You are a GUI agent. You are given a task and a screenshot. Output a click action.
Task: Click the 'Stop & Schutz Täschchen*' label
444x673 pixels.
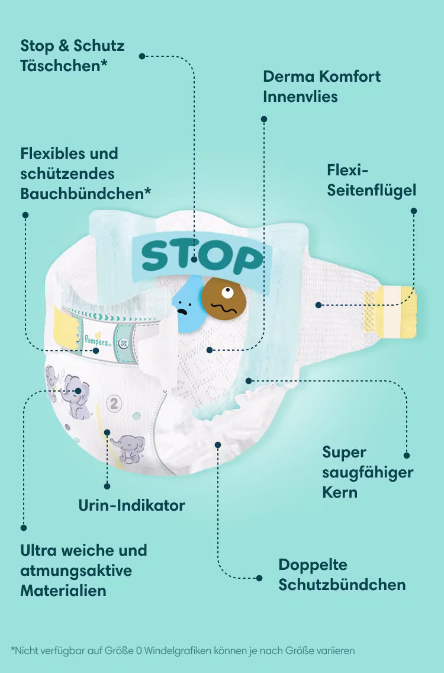click(72, 55)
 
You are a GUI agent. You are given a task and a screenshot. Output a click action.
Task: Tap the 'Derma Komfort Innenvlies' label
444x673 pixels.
click(321, 86)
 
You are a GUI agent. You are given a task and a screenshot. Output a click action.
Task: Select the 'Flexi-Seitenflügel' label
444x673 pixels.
click(371, 180)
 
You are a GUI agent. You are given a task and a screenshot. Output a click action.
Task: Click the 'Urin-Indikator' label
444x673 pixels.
click(131, 505)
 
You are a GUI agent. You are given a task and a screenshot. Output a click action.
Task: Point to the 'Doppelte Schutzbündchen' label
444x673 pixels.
click(342, 574)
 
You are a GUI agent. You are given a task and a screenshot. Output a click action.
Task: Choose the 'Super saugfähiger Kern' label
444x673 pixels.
click(368, 472)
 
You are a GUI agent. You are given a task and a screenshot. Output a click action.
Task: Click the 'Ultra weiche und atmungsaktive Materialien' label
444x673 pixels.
click(83, 570)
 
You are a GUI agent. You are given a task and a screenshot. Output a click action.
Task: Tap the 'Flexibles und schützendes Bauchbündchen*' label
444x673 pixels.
click(85, 173)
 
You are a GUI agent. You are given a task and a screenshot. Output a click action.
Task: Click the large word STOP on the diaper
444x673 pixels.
click(202, 257)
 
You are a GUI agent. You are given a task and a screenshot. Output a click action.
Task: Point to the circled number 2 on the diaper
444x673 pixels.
click(112, 403)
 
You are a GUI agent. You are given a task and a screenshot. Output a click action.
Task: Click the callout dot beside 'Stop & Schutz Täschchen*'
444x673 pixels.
click(142, 56)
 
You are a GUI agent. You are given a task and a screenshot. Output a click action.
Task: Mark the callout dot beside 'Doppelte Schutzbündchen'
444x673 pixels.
click(259, 578)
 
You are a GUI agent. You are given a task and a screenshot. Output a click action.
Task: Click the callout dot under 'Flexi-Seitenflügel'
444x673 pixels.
click(414, 210)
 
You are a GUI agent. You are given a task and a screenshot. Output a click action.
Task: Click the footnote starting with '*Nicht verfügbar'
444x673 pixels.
click(182, 650)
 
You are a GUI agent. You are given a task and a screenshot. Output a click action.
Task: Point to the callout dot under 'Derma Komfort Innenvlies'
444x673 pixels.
click(264, 119)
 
